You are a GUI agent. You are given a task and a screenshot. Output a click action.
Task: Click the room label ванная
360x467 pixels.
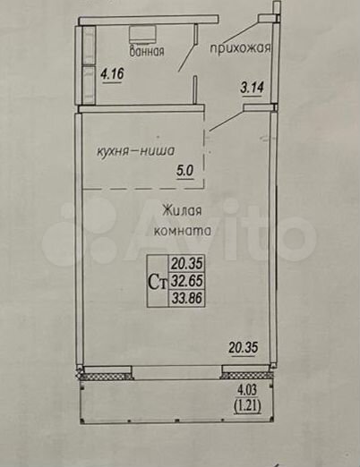pyautogui.click(x=147, y=51)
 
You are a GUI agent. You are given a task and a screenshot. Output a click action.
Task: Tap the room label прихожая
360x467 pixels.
pyautogui.click(x=240, y=47)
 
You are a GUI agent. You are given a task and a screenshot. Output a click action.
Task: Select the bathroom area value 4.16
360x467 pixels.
pyautogui.click(x=112, y=73)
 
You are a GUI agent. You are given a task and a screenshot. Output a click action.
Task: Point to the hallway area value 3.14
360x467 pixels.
pyautogui.click(x=253, y=88)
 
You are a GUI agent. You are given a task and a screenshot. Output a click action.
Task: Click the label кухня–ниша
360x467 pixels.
pyautogui.click(x=135, y=152)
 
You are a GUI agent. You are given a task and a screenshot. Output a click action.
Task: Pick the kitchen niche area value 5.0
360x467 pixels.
pyautogui.click(x=185, y=171)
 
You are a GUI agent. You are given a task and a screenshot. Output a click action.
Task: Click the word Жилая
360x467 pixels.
pyautogui.click(x=182, y=211)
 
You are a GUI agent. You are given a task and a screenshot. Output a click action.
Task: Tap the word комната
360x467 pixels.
pyautogui.click(x=183, y=231)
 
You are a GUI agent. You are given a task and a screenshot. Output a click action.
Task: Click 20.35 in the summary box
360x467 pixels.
pyautogui.click(x=187, y=263)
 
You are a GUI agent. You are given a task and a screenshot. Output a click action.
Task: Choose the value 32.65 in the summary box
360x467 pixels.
pyautogui.click(x=187, y=281)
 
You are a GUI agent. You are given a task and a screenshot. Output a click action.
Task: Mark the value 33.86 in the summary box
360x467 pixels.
pyautogui.click(x=187, y=298)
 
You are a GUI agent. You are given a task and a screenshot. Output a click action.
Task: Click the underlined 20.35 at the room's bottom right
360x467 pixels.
pyautogui.click(x=244, y=348)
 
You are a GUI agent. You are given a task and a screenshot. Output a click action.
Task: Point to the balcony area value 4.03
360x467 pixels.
pyautogui.click(x=247, y=390)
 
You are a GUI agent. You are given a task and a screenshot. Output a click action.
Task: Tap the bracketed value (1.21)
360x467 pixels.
pyautogui.click(x=248, y=405)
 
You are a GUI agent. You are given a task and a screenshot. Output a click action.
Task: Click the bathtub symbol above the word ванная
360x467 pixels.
pyautogui.click(x=142, y=34)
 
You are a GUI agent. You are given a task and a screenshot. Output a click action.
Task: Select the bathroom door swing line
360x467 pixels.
pyautogui.click(x=187, y=57)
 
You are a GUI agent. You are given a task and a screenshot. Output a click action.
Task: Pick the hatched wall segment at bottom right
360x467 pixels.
pyautogui.click(x=247, y=376)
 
